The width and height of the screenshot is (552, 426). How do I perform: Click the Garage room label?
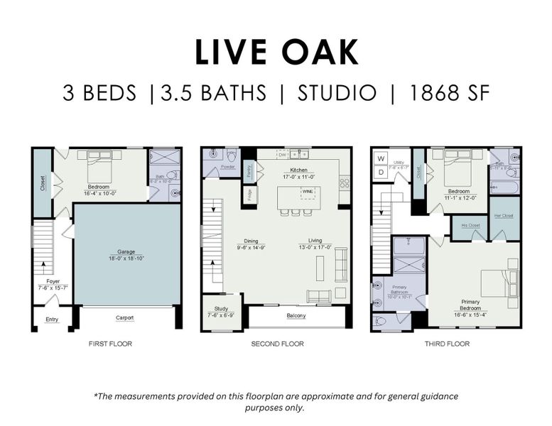tap(126, 251)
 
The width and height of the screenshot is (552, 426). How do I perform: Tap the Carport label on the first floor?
tap(125, 317)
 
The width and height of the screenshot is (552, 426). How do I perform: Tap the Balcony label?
tap(296, 315)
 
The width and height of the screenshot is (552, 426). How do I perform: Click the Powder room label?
tap(229, 168)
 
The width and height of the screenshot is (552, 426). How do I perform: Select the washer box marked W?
tap(381, 158)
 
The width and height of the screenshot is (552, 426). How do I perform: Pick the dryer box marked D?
tap(381, 172)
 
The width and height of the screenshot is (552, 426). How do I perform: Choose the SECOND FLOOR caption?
tap(277, 344)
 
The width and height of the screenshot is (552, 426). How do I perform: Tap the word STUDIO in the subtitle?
tap(337, 93)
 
